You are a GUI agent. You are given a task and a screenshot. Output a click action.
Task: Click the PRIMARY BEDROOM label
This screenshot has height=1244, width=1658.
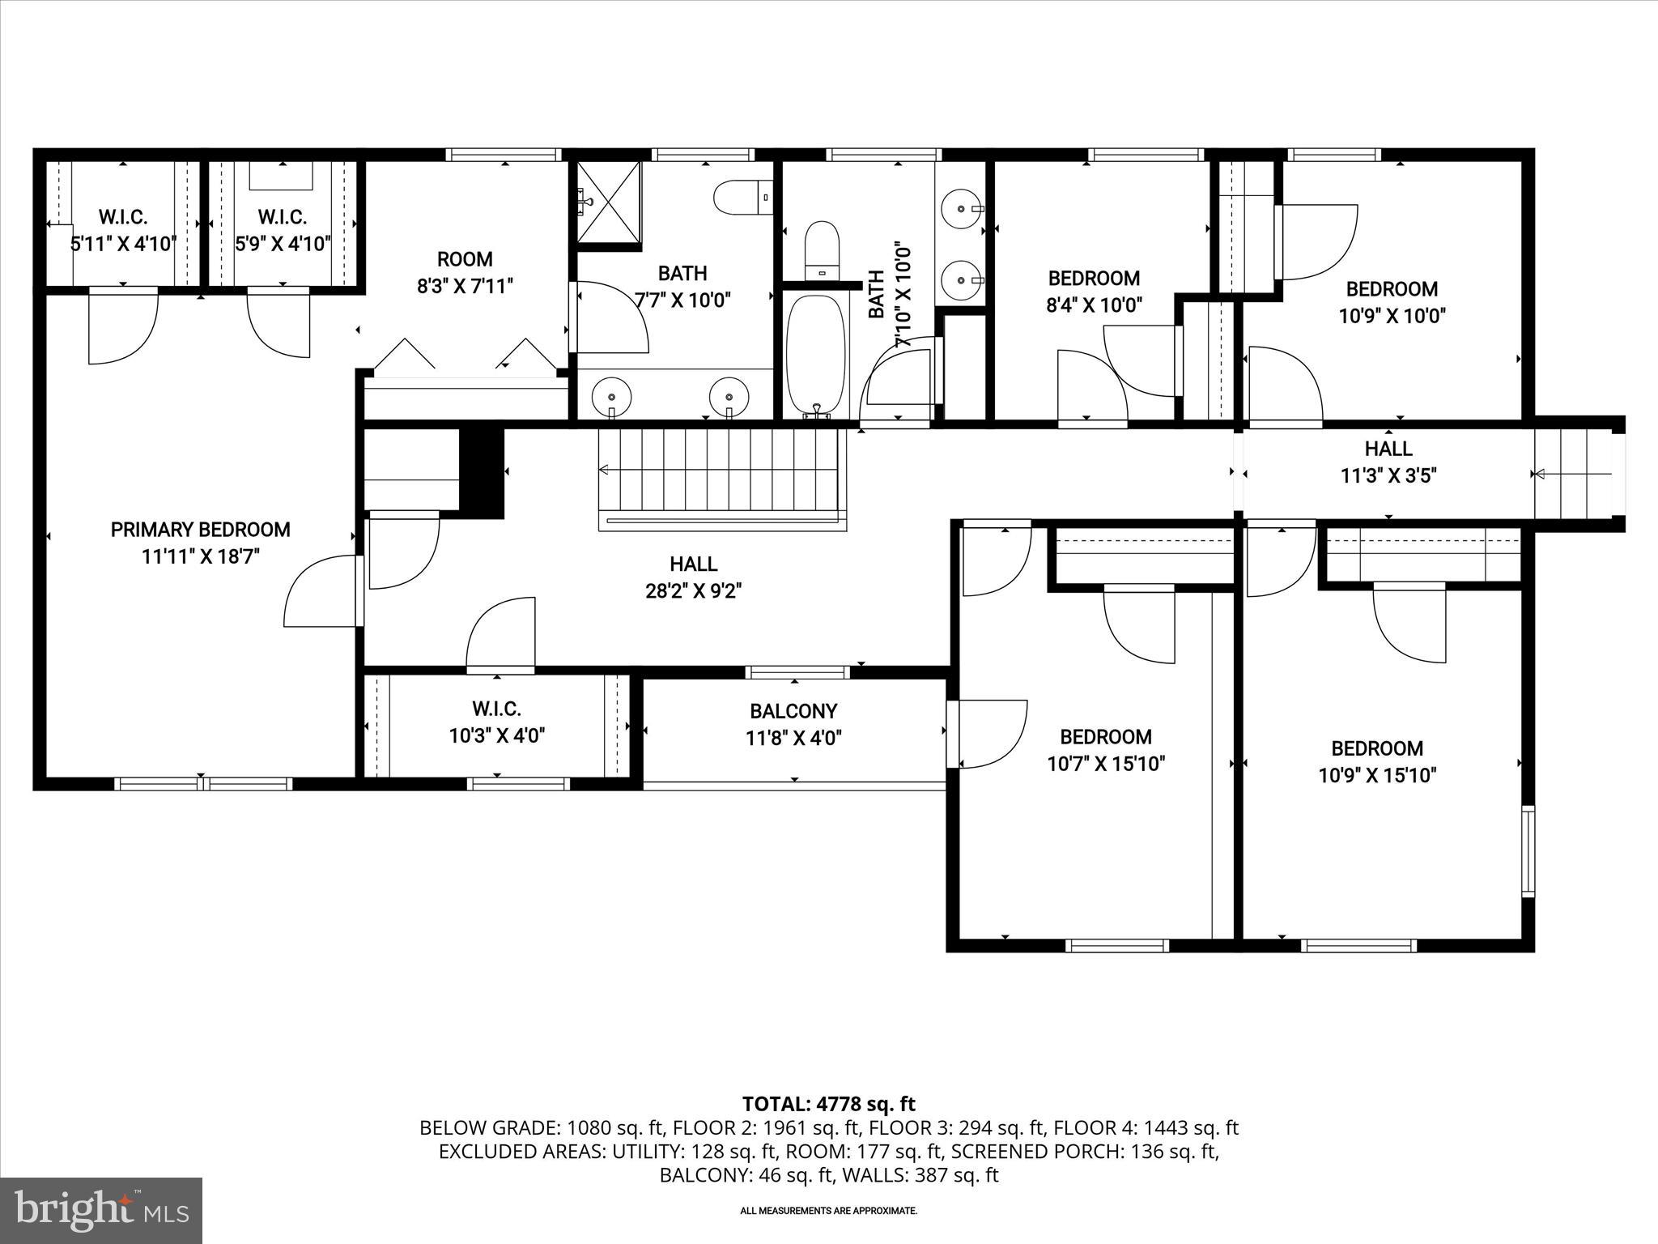[x=200, y=530]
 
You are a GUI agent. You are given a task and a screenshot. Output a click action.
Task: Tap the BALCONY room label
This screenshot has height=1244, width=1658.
[x=793, y=711]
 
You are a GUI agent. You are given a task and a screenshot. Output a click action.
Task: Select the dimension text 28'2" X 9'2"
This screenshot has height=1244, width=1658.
[x=694, y=591]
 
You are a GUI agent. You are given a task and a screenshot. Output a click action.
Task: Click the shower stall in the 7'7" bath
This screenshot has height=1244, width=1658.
[x=608, y=202]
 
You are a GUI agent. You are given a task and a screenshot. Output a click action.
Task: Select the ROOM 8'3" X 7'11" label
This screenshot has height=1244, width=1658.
[x=465, y=272]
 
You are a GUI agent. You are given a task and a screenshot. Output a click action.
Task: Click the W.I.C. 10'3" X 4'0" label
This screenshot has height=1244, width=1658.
[x=496, y=722]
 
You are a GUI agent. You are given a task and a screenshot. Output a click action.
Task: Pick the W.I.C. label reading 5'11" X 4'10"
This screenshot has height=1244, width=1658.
[x=123, y=230]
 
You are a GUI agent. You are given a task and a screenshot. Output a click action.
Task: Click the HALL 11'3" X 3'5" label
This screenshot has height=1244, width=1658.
[x=1388, y=462]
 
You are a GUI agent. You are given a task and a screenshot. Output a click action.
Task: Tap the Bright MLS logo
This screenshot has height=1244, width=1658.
[x=101, y=1210]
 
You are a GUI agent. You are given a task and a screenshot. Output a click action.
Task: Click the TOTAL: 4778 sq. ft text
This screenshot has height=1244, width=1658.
[x=828, y=1103]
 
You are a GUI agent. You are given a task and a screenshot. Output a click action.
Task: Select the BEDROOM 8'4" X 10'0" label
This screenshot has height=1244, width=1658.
[x=1094, y=292]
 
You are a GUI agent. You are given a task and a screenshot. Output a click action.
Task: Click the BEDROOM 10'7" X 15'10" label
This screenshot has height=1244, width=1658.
[x=1106, y=750]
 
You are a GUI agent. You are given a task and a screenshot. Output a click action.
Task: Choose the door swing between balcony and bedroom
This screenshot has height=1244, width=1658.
[x=989, y=734]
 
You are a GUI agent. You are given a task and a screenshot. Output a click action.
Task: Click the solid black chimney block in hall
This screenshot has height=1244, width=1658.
[x=482, y=473]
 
